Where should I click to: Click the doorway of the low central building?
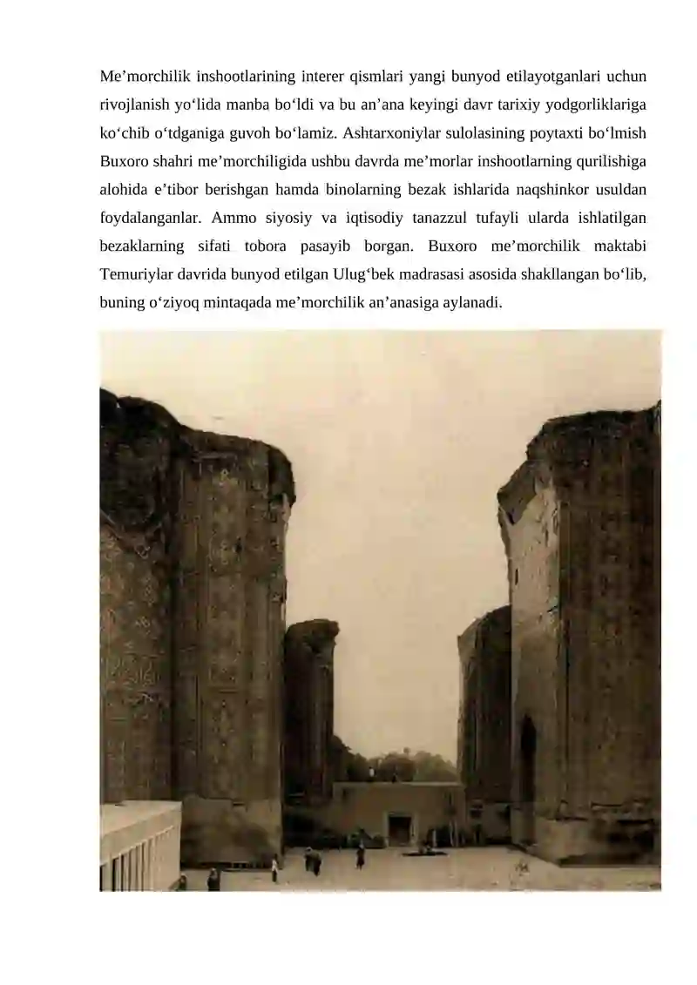[399, 829]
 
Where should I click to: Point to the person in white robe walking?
[274, 868]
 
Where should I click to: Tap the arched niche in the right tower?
[527, 758]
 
